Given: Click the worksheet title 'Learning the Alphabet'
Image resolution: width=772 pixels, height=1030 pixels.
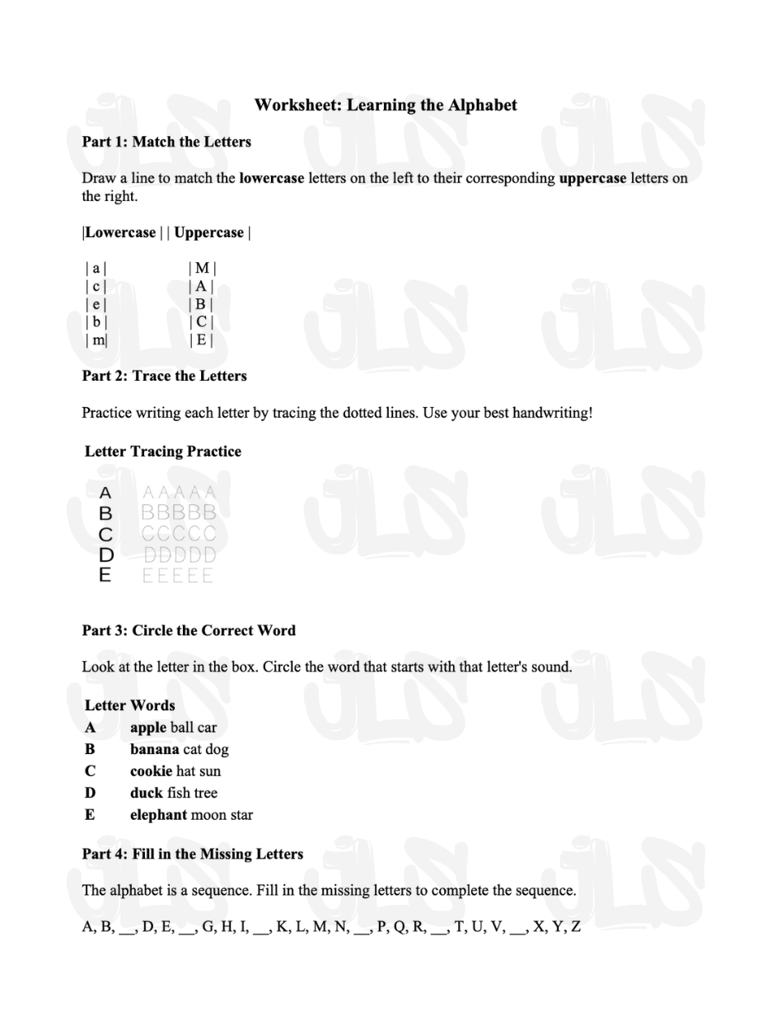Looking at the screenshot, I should click(x=386, y=105).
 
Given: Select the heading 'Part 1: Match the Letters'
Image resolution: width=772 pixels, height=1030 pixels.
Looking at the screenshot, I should click(x=166, y=142).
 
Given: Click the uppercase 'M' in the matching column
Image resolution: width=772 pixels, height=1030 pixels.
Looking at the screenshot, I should click(x=202, y=268).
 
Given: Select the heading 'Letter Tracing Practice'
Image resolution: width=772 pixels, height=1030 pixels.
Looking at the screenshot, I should click(x=163, y=452).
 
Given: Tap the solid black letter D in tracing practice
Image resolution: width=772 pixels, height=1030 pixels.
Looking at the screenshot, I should click(x=105, y=555).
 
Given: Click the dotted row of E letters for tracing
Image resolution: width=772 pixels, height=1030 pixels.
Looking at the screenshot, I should click(x=178, y=575).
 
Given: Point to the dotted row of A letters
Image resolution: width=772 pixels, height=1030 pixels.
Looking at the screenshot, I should click(x=178, y=494).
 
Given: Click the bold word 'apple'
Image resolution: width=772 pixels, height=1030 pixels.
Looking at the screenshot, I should click(x=148, y=728).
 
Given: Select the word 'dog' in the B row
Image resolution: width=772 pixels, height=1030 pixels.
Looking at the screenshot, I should click(x=218, y=750).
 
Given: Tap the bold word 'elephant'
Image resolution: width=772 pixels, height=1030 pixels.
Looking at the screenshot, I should click(x=158, y=815).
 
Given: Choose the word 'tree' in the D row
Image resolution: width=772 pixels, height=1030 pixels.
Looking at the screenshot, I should click(x=205, y=793).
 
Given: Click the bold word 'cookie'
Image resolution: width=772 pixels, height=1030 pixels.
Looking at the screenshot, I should click(x=151, y=771).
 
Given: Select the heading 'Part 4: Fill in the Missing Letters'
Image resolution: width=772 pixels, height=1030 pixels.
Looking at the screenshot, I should click(x=193, y=854).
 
